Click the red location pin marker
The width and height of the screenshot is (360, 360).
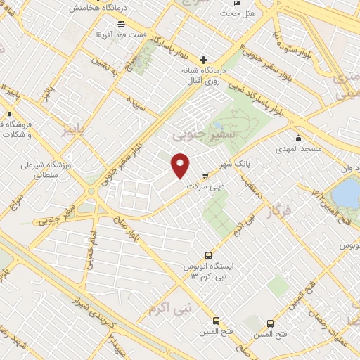[x=180, y=165]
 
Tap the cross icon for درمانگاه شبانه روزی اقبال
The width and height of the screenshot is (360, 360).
[x=204, y=60]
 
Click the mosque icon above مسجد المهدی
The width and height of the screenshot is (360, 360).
[x=300, y=138]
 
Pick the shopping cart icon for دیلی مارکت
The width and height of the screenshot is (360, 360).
[x=205, y=176]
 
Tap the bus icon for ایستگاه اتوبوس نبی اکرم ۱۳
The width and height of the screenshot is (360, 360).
[x=207, y=255]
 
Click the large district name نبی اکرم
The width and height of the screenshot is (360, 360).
[x=169, y=307]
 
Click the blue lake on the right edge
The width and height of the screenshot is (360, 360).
[x=347, y=191]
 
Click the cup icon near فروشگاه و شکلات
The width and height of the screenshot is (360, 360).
[x=9, y=115]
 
